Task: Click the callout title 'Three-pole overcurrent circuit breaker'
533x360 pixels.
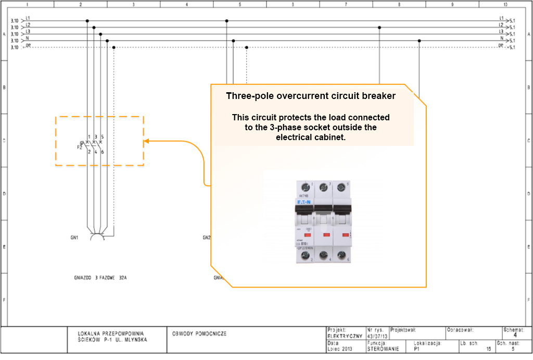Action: (311, 96)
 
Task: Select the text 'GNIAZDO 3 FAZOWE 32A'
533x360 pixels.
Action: (101, 278)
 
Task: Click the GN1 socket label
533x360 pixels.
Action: (74, 238)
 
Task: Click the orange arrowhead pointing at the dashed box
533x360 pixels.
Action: (147, 141)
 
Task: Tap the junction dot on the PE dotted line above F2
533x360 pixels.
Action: (113, 47)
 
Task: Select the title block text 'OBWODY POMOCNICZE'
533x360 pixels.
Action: (199, 333)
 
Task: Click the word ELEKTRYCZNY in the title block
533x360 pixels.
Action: (345, 337)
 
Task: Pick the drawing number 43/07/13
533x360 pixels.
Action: (377, 337)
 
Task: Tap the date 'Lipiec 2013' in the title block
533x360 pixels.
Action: (340, 350)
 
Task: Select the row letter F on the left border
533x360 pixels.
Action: (4, 300)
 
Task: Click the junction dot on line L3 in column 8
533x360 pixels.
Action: (379, 28)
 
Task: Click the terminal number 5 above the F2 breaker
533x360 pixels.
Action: (103, 136)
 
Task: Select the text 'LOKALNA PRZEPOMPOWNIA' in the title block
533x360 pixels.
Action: (110, 333)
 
